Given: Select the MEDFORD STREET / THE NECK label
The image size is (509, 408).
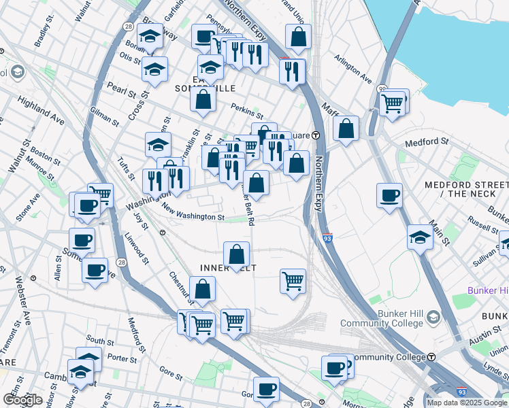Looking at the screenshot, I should (x=465, y=189).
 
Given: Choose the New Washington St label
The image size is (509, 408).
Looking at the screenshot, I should (x=193, y=217).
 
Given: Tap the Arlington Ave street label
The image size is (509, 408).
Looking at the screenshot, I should (x=352, y=69).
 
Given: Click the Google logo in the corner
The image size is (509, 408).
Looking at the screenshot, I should (x=22, y=399).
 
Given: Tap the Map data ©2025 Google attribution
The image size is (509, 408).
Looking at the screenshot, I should (x=467, y=403).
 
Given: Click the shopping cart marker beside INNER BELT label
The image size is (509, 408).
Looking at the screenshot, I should (x=293, y=280).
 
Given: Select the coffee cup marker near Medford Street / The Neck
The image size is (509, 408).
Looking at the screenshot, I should (x=390, y=195).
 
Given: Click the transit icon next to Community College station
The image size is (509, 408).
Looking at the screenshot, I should (x=431, y=357).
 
